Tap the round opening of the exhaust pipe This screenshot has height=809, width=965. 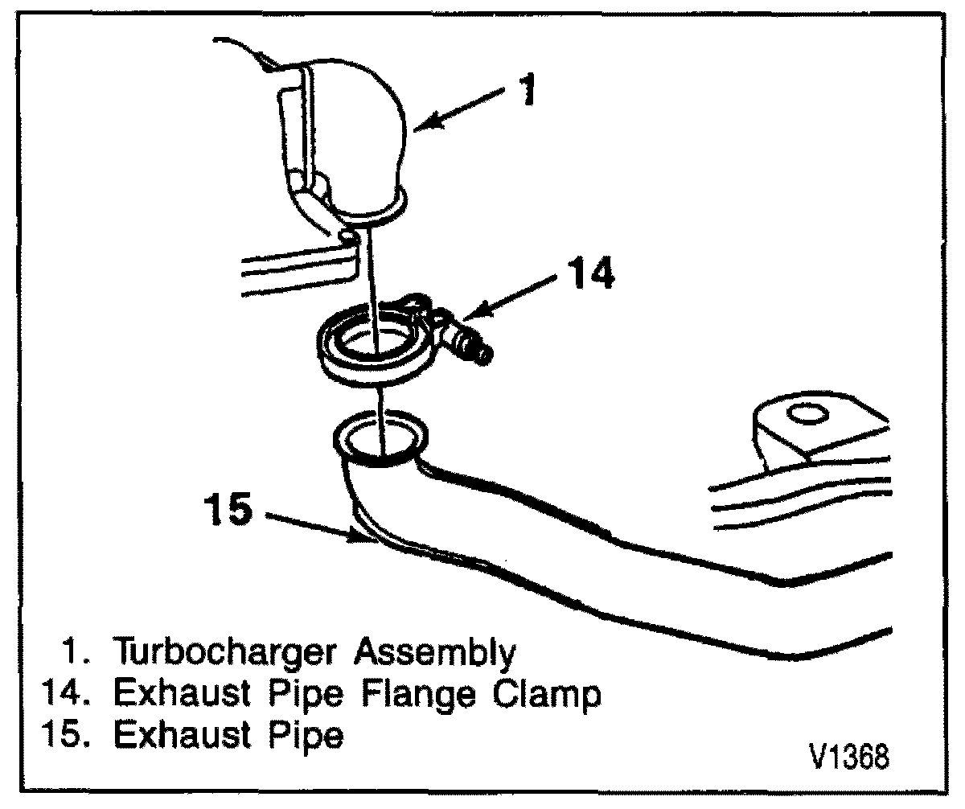tap(380, 438)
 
